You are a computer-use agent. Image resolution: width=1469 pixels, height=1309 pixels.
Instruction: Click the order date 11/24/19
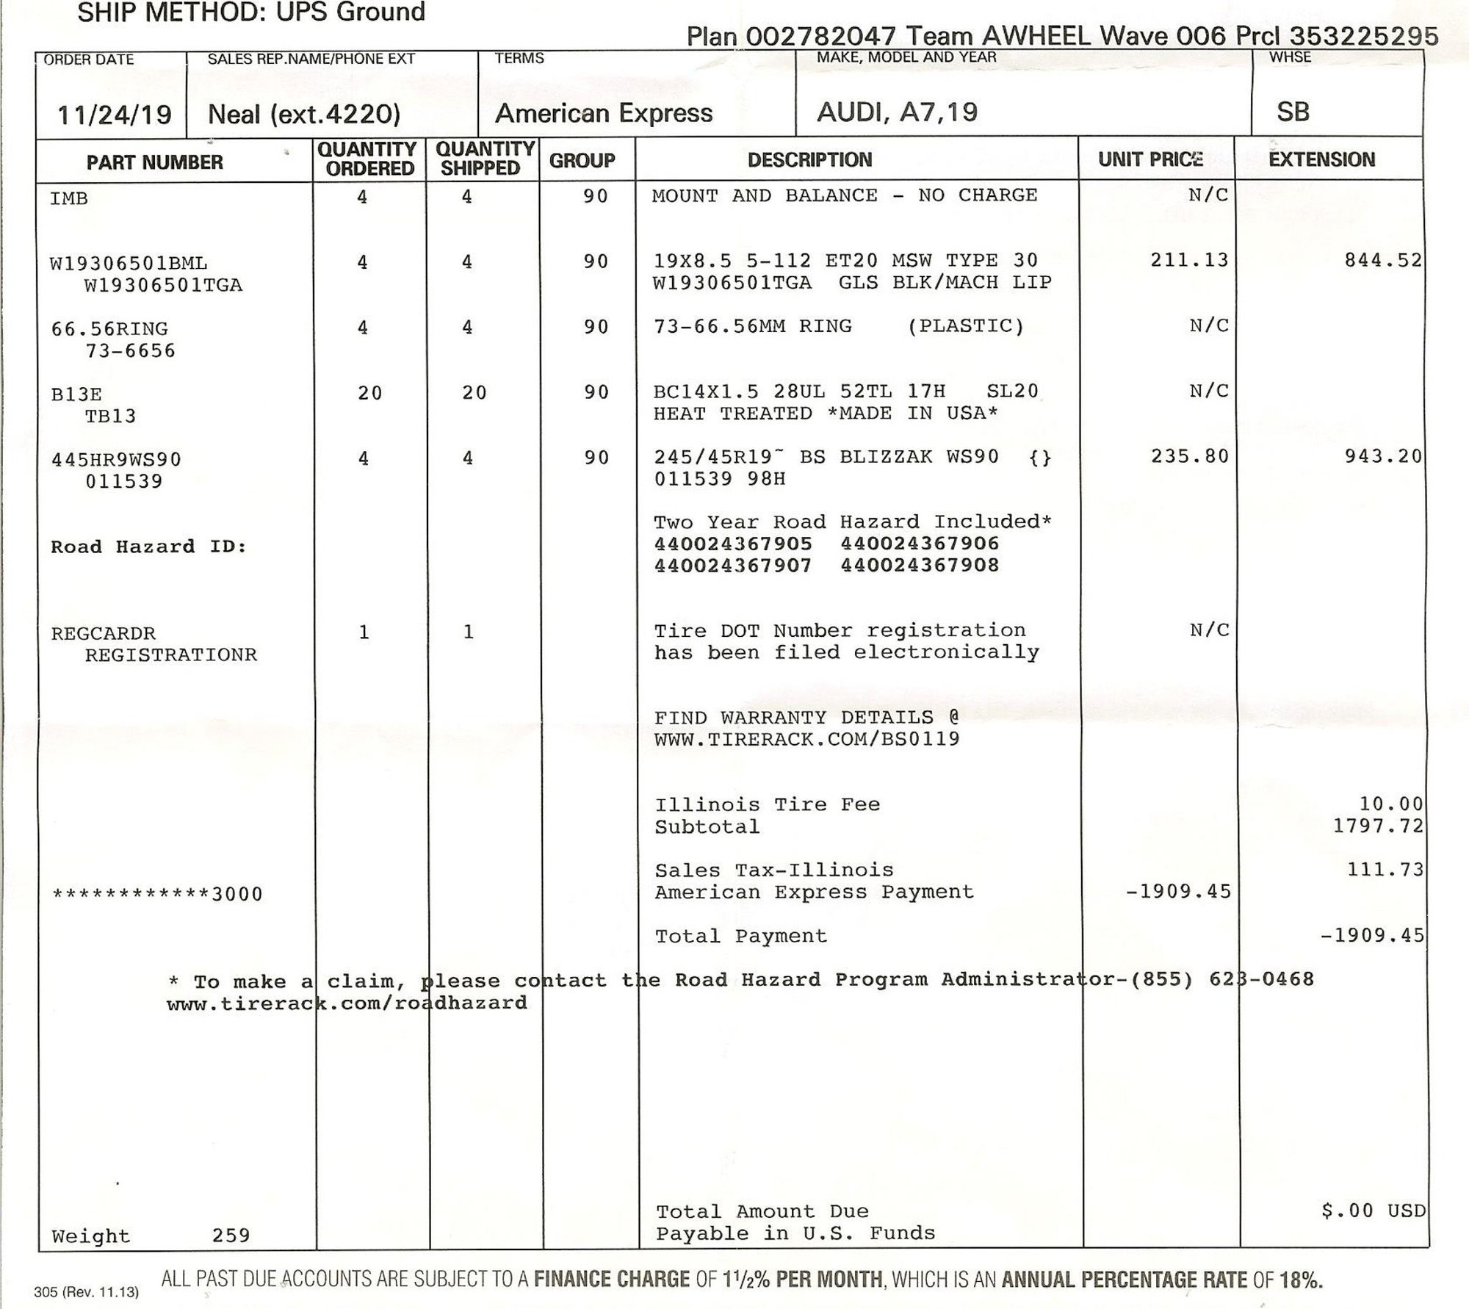point(115,115)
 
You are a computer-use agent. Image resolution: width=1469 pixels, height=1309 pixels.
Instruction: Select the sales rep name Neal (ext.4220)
point(304,114)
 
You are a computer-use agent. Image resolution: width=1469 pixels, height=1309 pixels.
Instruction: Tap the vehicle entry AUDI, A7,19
point(897,112)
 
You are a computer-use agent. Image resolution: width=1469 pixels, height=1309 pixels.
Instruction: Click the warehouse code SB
point(1293,112)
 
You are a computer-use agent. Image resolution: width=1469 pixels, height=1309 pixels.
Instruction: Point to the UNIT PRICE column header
point(1150,159)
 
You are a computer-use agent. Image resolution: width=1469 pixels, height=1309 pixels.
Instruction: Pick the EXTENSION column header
point(1321,159)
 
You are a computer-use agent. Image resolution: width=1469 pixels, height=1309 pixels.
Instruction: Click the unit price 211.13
point(1189,260)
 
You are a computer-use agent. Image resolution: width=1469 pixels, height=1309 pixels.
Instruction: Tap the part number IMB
point(69,198)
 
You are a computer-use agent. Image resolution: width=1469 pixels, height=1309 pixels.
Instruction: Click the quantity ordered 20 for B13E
point(369,393)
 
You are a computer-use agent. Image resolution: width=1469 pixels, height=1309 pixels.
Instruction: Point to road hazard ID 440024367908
point(920,566)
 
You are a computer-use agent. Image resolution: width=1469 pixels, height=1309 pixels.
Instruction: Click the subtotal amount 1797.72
point(1378,826)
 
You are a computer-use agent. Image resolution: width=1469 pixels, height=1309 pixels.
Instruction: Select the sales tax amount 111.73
point(1385,870)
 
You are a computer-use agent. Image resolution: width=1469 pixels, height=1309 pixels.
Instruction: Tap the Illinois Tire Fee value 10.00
point(1390,804)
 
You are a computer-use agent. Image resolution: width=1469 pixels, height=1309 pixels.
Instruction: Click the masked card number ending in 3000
point(157,894)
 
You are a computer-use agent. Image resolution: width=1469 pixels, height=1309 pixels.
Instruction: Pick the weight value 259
point(231,1236)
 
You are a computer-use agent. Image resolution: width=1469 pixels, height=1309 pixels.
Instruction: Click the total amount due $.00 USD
point(1372,1211)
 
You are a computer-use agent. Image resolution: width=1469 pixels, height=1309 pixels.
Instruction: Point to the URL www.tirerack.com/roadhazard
point(347,1003)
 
